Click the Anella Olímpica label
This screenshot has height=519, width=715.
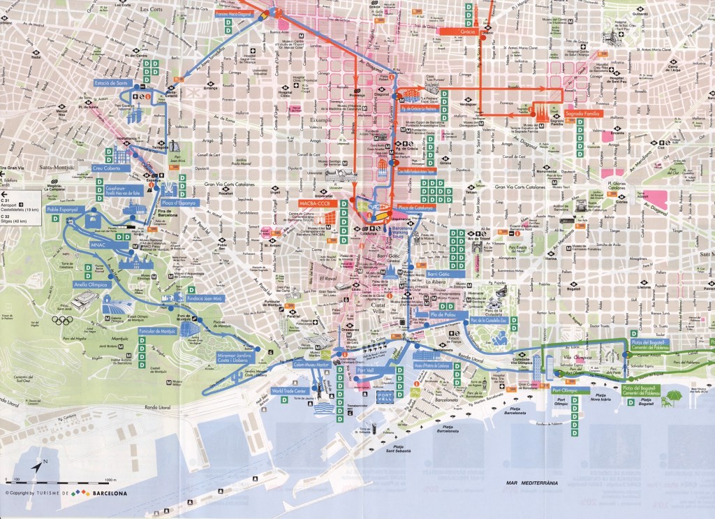click(89, 285)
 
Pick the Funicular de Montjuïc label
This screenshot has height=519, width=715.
click(159, 330)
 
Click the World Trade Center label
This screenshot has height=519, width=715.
click(289, 391)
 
